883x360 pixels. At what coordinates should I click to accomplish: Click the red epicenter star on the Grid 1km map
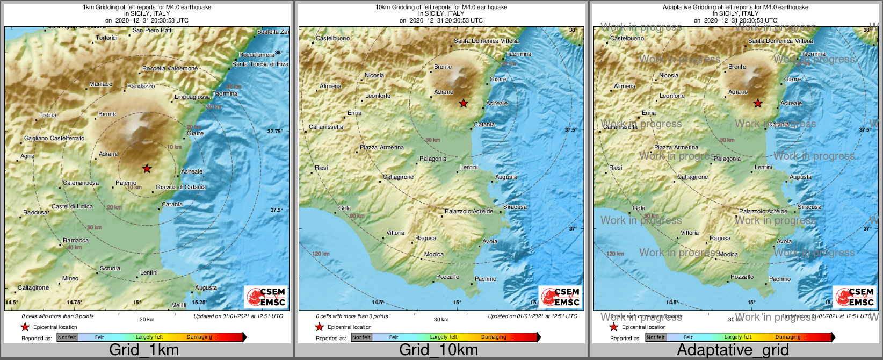147,169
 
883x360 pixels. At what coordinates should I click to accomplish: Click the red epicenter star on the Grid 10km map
463,103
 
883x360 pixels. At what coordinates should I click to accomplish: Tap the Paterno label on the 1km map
126,183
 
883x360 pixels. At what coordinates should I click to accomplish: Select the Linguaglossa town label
192,97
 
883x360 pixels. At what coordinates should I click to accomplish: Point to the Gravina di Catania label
180,187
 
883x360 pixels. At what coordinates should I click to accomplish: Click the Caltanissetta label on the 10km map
325,127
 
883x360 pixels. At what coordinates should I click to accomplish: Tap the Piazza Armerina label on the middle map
381,147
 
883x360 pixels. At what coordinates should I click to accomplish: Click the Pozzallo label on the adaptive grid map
742,277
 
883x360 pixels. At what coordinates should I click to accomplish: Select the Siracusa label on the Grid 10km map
515,207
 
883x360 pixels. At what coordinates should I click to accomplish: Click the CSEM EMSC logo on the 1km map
265,297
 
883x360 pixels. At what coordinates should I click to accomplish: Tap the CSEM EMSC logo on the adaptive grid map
854,297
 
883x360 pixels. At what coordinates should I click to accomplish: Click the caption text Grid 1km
143,350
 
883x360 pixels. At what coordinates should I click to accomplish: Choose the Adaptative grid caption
733,350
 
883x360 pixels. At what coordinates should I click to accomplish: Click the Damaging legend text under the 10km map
493,337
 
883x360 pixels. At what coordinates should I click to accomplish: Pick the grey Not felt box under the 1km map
67,337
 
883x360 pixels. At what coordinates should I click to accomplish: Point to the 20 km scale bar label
147,319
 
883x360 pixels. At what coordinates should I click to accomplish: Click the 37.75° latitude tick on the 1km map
274,131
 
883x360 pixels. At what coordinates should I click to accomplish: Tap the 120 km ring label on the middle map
321,254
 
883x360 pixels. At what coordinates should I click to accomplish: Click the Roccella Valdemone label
170,68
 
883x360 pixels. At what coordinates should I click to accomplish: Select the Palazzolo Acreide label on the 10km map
468,211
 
